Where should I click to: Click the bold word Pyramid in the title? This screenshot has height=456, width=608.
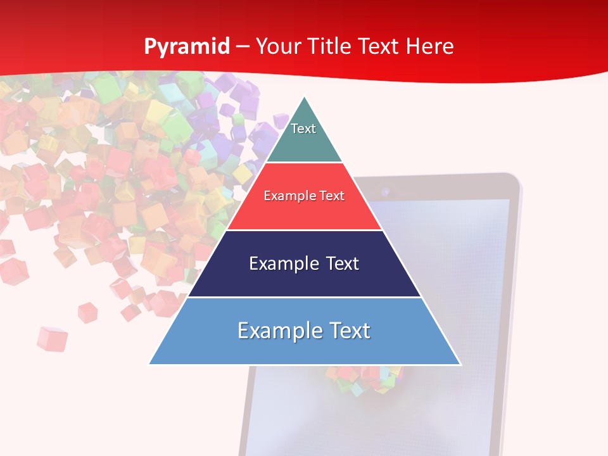187,47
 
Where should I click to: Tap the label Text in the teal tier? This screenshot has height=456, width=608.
303,129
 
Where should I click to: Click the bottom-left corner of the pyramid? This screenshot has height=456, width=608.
150,364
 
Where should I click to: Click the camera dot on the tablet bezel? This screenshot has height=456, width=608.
384,190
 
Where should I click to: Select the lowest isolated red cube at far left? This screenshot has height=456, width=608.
51,338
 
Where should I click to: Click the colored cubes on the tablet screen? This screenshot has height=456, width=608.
364,379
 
